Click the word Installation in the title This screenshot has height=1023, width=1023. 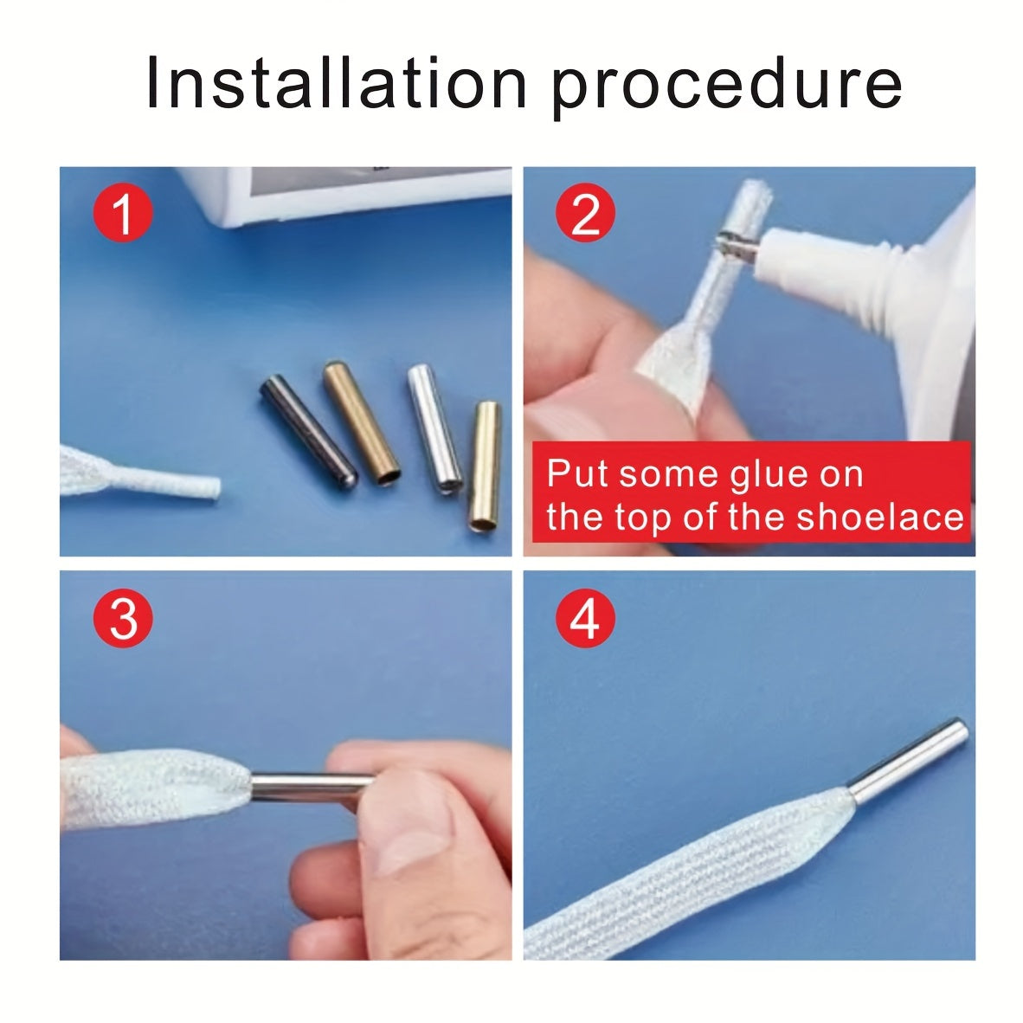point(336,82)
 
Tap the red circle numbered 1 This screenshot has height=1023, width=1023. point(123,214)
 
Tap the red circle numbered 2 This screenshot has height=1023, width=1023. point(585,214)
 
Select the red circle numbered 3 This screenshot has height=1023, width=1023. point(123,617)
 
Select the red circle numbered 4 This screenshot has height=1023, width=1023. point(585,617)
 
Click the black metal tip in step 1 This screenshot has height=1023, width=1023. point(309,431)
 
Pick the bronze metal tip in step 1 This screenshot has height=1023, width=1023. point(362,422)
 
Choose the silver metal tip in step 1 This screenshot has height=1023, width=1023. point(435,428)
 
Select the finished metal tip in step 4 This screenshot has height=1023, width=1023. point(908,761)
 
